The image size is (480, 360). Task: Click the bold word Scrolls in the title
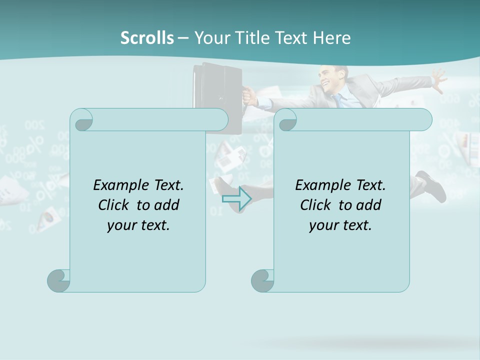coord(147,38)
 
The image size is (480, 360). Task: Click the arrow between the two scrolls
coord(236,198)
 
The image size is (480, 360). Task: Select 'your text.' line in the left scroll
coord(138,225)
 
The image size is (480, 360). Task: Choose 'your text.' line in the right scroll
coord(340,225)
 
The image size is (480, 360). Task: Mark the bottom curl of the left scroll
coord(59,280)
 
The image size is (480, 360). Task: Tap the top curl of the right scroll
coord(287,120)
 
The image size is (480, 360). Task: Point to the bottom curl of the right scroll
coord(263,280)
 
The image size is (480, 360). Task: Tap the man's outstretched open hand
coord(438,80)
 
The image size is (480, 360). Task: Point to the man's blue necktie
coord(339,100)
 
